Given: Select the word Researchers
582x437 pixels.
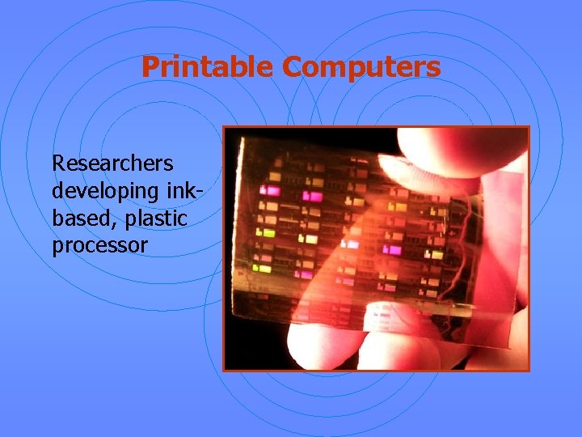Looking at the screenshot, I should [112, 163].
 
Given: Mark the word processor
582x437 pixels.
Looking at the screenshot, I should [99, 246].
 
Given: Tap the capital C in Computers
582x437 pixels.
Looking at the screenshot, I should [293, 67].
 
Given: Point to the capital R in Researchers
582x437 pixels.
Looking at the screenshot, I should [58, 163].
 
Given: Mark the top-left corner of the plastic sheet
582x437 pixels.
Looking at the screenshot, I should [242, 139].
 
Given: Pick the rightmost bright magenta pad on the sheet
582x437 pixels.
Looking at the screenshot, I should [394, 250].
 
